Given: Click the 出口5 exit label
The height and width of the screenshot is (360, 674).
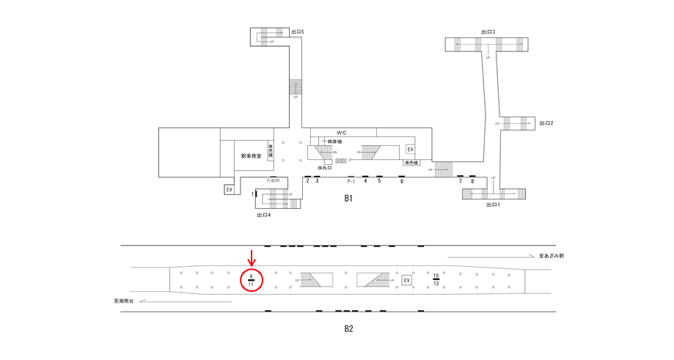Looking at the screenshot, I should coord(297,32).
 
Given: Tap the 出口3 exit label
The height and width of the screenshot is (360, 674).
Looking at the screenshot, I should coord(488,32).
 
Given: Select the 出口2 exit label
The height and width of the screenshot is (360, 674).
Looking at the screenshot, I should coord(546,123).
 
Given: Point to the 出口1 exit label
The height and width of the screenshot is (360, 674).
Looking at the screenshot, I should coord(493,205).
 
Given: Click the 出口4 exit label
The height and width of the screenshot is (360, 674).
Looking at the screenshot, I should coord(264,215).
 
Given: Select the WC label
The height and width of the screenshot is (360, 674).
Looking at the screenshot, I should coord(341,132).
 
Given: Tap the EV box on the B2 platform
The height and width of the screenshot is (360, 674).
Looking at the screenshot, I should coord(407,280).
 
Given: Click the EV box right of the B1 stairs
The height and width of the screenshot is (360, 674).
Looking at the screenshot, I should coord(410,150).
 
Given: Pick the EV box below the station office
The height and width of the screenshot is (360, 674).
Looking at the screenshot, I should coord(230,190).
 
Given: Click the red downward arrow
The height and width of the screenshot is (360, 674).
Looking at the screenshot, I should coord(252,257).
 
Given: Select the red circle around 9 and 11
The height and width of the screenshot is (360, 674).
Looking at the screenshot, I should coord(252,280).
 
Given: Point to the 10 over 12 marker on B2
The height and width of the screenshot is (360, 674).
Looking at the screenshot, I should coord(436,279).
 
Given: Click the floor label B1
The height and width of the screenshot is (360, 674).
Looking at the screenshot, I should coord(349,199).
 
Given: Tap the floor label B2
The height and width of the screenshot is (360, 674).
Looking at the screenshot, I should coord(348,328).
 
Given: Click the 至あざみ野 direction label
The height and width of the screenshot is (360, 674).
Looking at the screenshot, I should coord(552,256).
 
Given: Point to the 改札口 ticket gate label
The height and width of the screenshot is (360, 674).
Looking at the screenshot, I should coord(325,168).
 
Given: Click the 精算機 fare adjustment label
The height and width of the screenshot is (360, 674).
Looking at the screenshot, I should coord(335,142).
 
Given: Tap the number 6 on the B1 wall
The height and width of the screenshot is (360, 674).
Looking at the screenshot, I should coord(401,181).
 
